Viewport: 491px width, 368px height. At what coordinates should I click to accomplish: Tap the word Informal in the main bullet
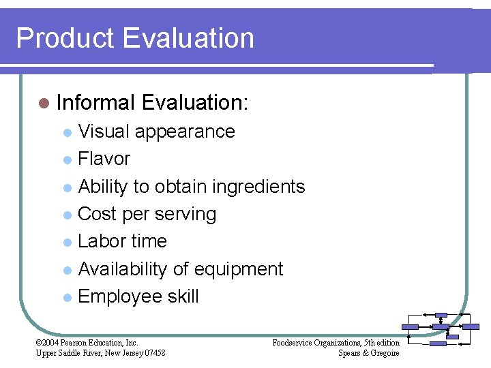(x=96, y=103)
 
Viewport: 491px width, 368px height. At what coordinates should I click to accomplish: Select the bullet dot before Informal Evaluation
(x=44, y=104)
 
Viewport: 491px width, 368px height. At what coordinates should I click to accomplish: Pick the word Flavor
(x=104, y=159)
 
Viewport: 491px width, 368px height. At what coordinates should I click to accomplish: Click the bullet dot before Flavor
(x=66, y=160)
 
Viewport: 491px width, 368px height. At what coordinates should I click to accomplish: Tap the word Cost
(x=98, y=214)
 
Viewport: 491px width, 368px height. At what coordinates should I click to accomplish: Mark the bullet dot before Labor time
(x=66, y=243)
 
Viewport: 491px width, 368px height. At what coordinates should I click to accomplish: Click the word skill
(x=182, y=296)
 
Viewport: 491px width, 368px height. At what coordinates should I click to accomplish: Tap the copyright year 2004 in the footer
(x=52, y=343)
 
